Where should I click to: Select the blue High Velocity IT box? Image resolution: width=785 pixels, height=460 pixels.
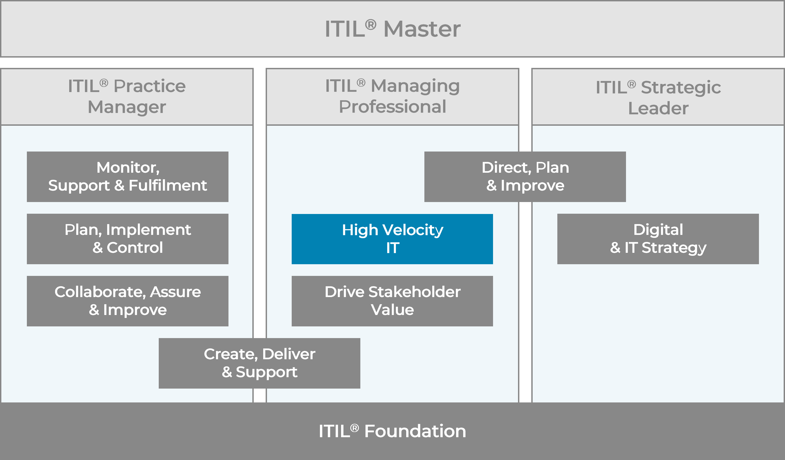coord(392,239)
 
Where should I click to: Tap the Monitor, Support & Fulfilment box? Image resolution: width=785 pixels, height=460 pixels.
coord(128,177)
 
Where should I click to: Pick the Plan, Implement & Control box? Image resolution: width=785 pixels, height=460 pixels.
coord(128,239)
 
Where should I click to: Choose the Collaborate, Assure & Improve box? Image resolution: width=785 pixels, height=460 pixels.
coord(128,301)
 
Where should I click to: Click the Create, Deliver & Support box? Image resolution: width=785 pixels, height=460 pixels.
coord(259,363)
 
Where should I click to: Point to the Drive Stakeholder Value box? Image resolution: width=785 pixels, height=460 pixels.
coord(392,301)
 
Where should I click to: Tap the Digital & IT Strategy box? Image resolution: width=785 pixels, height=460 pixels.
coord(658,239)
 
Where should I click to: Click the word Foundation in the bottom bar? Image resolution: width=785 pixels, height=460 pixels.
coord(415,431)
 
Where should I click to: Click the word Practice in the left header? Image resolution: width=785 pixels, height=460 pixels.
coord(150,86)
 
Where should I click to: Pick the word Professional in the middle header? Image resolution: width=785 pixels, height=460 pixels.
coord(392,107)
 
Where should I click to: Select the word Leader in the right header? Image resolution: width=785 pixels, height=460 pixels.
coord(658,108)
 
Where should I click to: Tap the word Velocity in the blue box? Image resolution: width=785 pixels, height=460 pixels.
coord(412,230)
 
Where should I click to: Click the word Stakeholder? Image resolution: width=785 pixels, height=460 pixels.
coord(414,292)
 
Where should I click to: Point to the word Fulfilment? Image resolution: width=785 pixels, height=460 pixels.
coord(168,186)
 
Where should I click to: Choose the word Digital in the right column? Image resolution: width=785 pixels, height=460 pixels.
coord(658,230)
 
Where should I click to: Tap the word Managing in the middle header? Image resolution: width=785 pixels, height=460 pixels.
coord(415,86)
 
